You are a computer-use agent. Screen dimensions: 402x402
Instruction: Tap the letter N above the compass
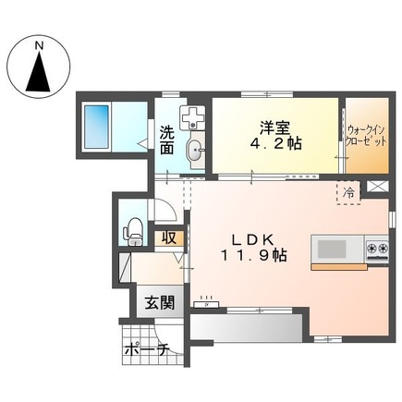(x=39, y=43)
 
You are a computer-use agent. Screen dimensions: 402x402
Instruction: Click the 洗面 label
(x=166, y=140)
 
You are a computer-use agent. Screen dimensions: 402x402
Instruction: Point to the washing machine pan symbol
(x=193, y=119)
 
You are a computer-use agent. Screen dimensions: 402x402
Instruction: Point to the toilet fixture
(x=133, y=228)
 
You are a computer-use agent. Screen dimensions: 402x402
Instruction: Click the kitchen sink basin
(x=332, y=249)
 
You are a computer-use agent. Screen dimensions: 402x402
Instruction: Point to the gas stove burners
(x=377, y=249)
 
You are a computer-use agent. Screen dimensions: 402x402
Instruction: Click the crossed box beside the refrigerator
(x=378, y=187)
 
